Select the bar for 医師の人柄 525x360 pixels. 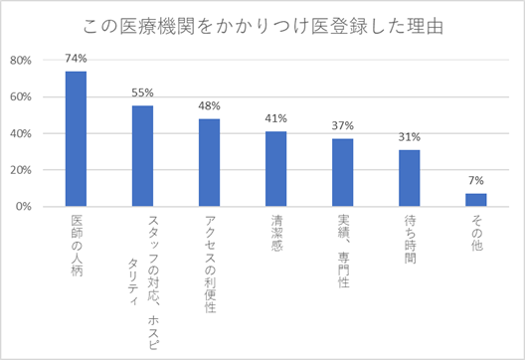coord(76,139)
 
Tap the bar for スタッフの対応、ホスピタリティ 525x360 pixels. coord(142,156)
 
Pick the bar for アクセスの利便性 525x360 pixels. coord(209,163)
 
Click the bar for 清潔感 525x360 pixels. coord(275,169)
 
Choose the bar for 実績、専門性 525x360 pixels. coord(342,173)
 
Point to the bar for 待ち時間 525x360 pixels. coord(409,178)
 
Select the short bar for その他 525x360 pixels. coord(475,200)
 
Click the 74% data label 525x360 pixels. coord(76,59)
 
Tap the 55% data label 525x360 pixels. coord(142,92)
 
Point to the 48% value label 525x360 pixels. coord(209,105)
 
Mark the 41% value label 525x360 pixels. coord(275,118)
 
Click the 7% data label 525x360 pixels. coord(475,181)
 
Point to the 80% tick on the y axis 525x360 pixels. coord(21,60)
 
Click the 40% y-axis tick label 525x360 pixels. coord(21,133)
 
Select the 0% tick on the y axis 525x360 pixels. coord(25,207)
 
